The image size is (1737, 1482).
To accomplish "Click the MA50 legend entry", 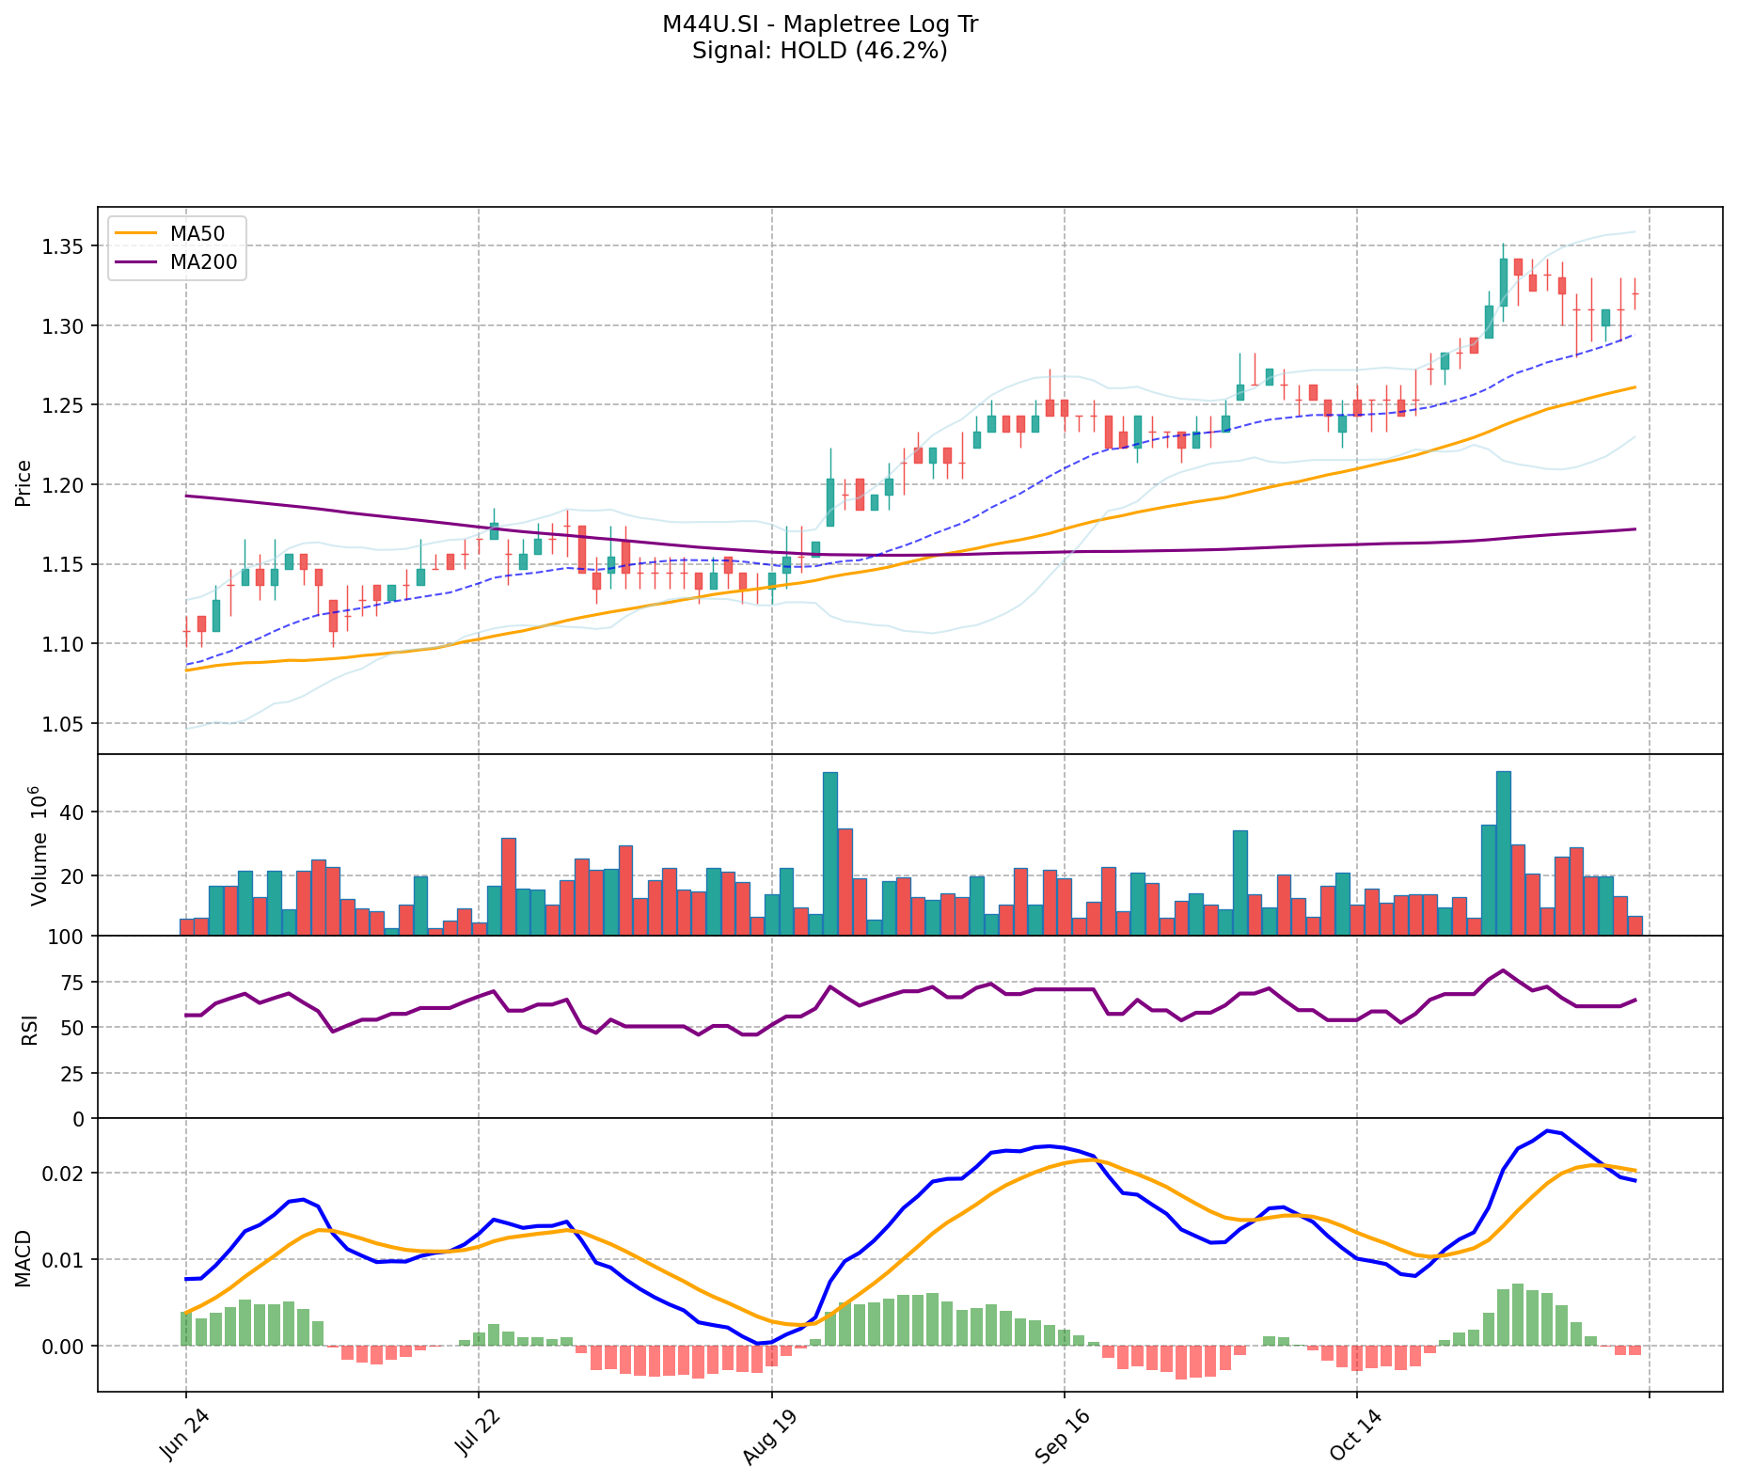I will tap(197, 234).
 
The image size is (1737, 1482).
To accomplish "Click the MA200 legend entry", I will tap(203, 263).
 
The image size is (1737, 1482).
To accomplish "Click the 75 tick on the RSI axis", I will tap(73, 983).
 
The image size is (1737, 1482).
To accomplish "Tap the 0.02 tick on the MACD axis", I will tap(67, 1174).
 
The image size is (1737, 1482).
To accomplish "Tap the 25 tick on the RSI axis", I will tap(73, 1074).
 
